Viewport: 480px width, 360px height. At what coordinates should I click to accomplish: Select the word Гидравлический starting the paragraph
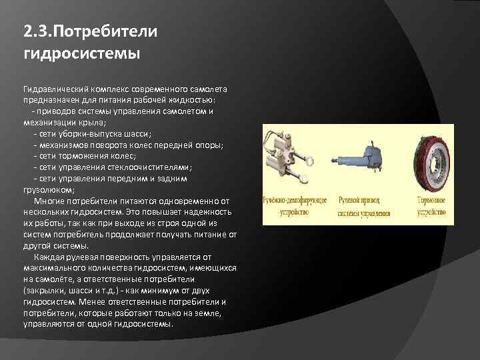tap(55, 89)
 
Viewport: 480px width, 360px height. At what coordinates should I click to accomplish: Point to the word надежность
tap(208, 212)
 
